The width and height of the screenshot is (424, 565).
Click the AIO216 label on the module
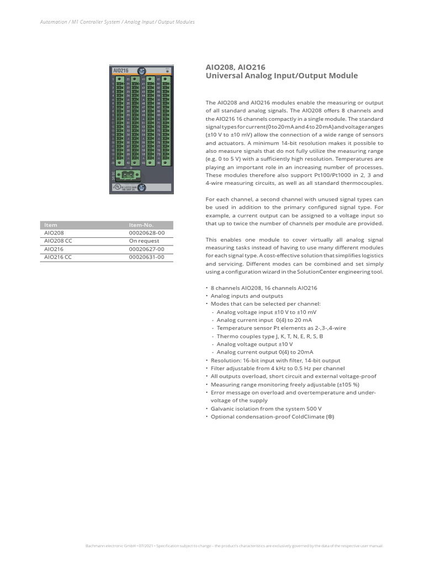point(120,71)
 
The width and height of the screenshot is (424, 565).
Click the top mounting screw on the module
point(142,71)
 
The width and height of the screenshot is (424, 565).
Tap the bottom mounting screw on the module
point(142,188)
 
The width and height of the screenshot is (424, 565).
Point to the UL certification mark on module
point(117,188)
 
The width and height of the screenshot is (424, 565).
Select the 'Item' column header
point(51,225)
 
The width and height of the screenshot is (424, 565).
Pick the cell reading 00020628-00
point(147,233)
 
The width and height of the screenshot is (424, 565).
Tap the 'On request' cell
point(144,241)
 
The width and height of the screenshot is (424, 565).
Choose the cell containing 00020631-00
point(147,257)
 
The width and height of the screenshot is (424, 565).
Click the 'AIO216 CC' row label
point(58,257)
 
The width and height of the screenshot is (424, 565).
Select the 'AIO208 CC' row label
point(58,241)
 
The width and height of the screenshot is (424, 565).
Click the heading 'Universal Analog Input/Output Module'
point(282,76)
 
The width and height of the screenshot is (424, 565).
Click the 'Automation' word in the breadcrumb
point(53,22)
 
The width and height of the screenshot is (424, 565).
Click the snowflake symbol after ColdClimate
point(331,417)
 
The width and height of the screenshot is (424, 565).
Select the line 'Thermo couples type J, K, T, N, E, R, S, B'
point(270,335)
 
